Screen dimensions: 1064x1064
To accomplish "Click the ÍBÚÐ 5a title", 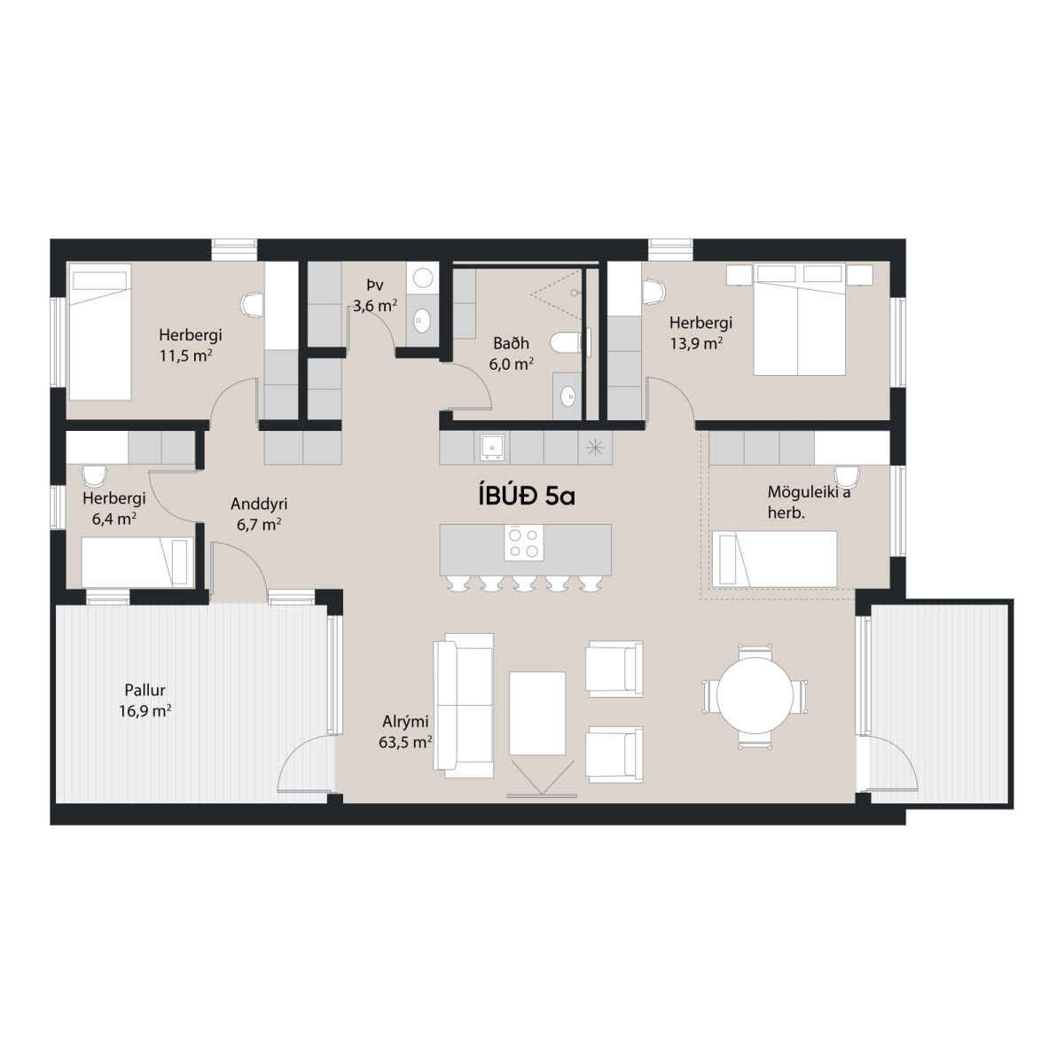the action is click(x=526, y=497).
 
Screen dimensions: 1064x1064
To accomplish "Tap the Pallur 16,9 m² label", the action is click(x=145, y=700).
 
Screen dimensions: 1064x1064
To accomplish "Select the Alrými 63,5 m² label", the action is click(x=405, y=731).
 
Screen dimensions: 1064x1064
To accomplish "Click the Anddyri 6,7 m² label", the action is click(x=259, y=513).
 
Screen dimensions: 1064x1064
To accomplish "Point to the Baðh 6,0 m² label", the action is click(x=511, y=354).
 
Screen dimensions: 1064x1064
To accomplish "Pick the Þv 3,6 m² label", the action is click(x=375, y=295).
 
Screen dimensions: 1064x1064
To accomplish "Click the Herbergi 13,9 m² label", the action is click(x=700, y=333).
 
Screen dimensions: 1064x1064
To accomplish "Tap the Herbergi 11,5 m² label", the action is click(x=191, y=345).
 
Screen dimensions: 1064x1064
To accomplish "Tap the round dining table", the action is click(x=755, y=697).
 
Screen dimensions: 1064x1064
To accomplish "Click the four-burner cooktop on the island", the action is click(x=523, y=543).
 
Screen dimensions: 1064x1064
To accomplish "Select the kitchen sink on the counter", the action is click(x=491, y=446).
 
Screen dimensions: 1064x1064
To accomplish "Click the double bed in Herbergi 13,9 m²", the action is click(x=799, y=319).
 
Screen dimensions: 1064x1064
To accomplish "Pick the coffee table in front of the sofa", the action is click(x=536, y=713).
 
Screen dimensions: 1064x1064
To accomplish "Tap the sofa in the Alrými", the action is click(x=463, y=705).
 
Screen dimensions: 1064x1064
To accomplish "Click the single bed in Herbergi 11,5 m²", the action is click(x=99, y=332).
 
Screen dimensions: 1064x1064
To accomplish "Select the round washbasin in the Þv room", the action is click(x=423, y=319).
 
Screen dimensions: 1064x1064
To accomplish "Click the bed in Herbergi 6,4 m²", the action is click(x=137, y=562).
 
